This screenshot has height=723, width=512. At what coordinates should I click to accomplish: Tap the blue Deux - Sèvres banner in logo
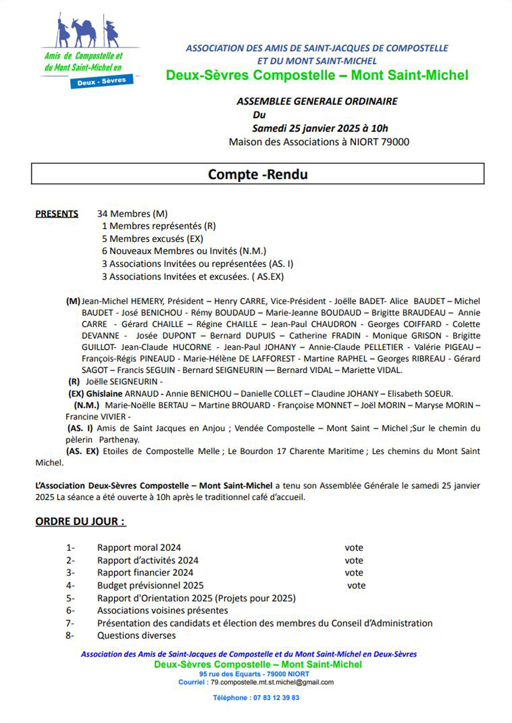coord(102,81)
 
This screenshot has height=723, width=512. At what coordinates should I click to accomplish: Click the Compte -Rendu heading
coord(258,174)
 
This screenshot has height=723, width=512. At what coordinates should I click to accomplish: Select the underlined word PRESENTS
coord(57,214)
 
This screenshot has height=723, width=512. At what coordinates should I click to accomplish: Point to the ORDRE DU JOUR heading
coord(80,521)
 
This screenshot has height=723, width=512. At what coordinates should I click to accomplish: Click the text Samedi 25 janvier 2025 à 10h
coord(320,128)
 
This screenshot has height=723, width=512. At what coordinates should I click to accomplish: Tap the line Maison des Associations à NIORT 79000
coord(319,142)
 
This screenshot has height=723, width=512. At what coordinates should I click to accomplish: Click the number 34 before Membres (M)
coord(103,214)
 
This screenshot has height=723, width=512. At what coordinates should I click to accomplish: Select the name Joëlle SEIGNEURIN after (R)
coord(122,382)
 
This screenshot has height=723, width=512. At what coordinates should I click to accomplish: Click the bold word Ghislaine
coord(104,394)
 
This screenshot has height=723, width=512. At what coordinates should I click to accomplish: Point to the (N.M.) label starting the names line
coord(87,405)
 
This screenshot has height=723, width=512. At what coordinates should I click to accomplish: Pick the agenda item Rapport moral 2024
coord(139,548)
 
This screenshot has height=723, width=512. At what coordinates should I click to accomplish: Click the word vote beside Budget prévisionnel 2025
coord(356,586)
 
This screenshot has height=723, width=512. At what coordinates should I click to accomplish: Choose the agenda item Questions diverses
coord(136,636)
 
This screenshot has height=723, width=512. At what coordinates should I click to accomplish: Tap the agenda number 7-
coord(70,624)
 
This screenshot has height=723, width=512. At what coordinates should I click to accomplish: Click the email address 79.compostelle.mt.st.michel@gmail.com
coord(272,682)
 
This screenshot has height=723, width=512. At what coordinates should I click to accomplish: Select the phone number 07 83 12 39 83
coord(276,698)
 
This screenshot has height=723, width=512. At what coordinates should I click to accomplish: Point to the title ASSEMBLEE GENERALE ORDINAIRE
coord(317,101)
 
